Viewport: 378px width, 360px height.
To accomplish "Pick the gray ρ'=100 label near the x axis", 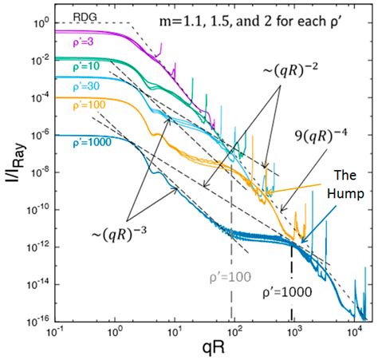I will (x=228, y=277).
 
